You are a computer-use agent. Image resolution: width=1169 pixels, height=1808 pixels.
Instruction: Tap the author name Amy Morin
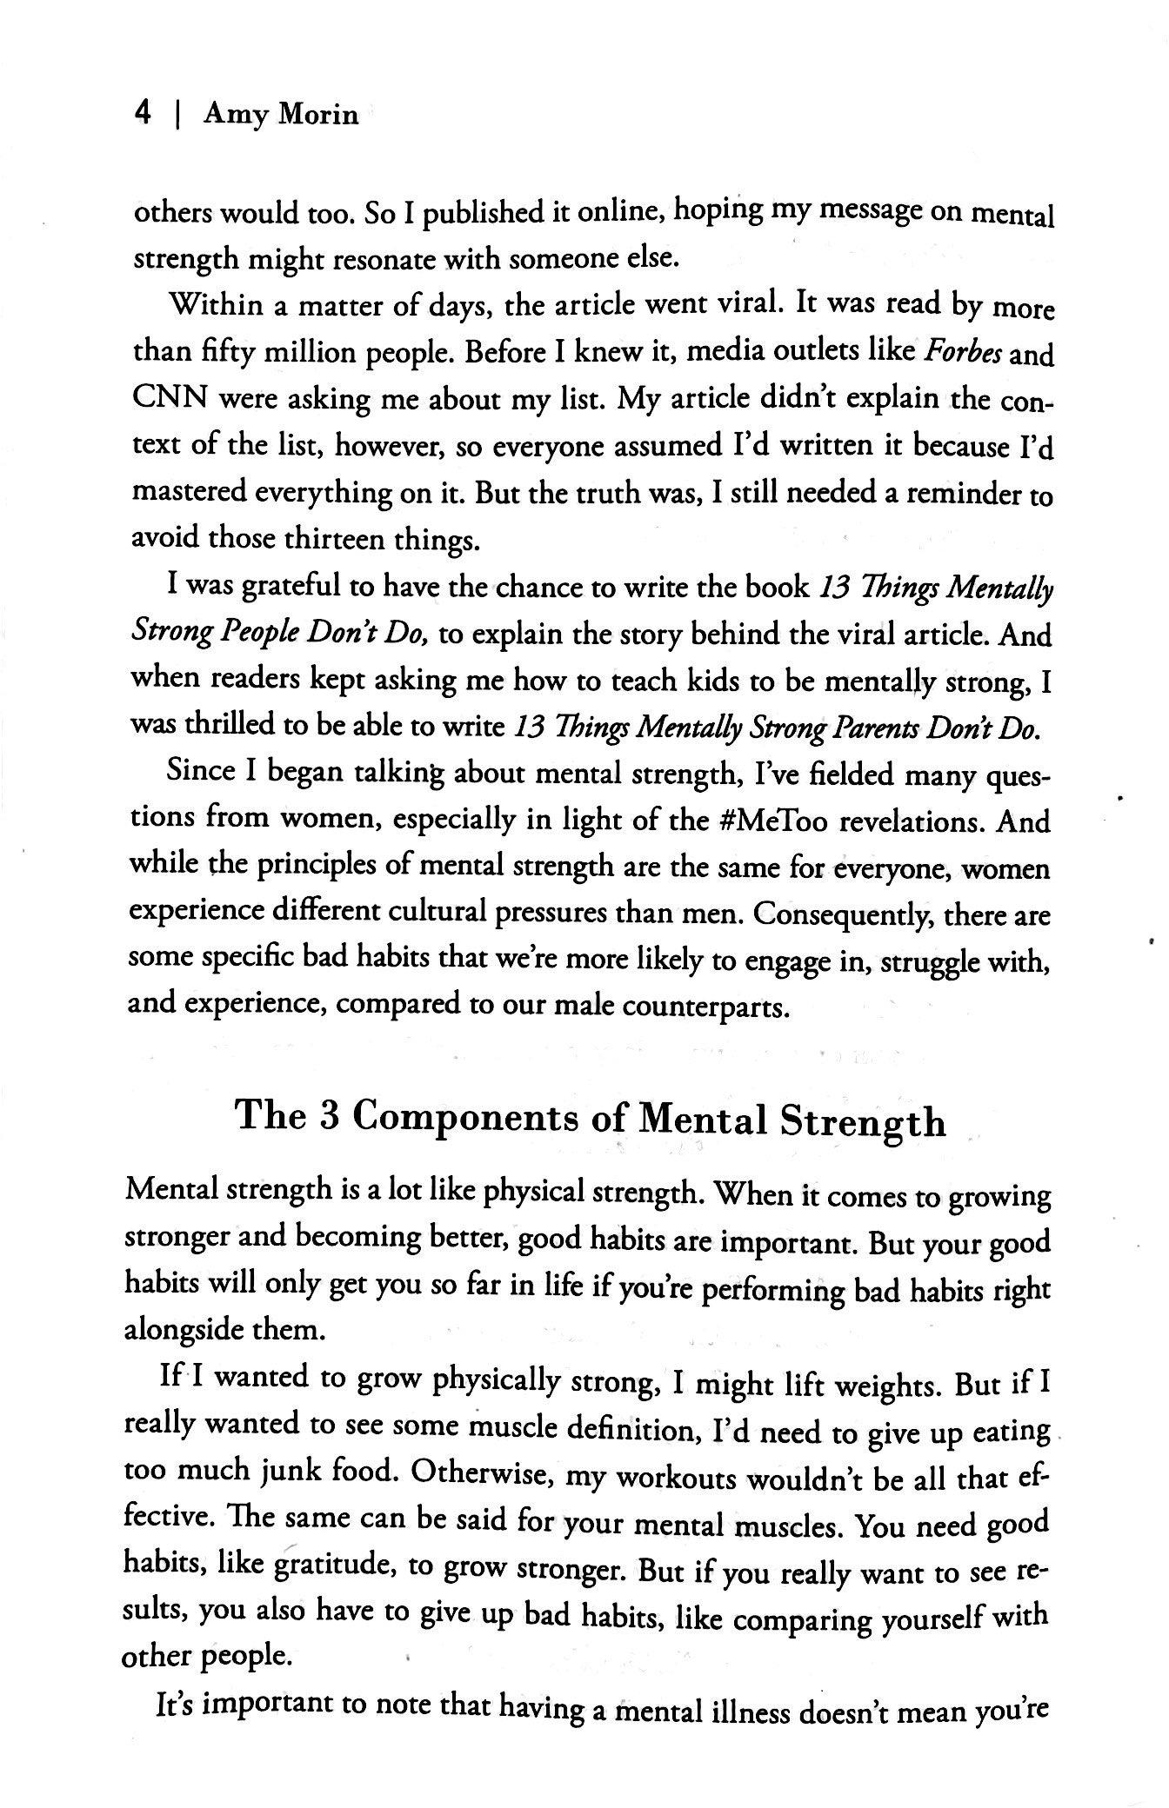click(280, 114)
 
